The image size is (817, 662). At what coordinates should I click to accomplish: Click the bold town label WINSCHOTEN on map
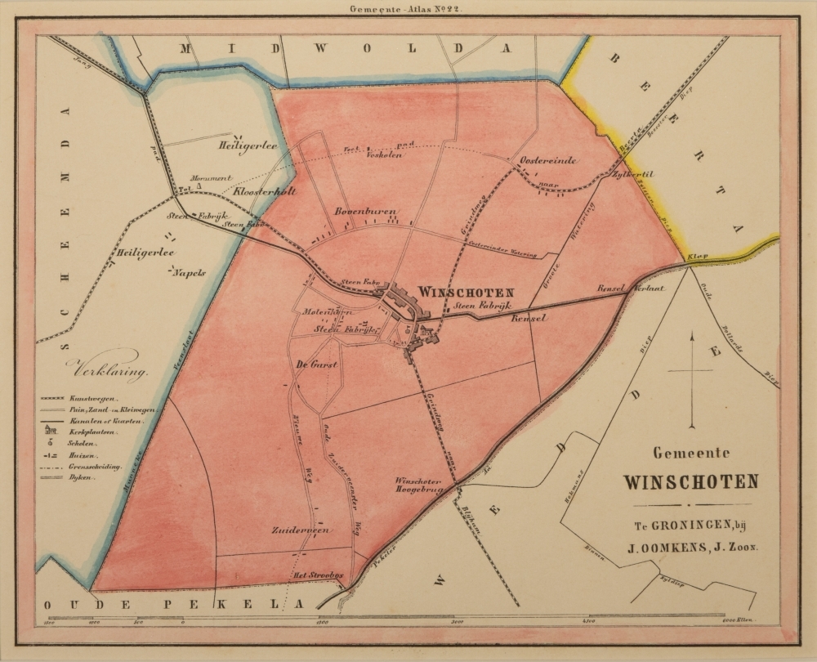point(466,291)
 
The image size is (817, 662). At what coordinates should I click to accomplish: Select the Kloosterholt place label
point(264,193)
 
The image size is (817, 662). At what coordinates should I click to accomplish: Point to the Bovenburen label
point(365,212)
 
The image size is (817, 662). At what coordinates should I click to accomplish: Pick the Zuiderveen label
point(301,530)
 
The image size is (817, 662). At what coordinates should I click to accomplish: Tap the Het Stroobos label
point(321,576)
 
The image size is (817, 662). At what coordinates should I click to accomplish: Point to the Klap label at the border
point(695,257)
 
